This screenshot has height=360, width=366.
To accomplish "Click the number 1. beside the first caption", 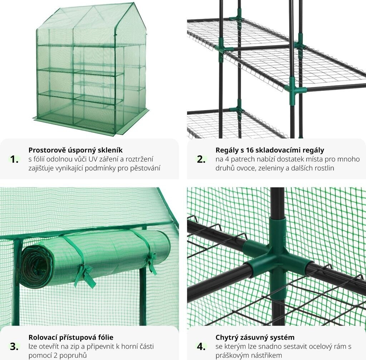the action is tap(14, 160).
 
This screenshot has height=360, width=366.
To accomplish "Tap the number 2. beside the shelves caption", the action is tap(201, 160).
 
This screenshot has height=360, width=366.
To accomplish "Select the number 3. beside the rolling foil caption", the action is tap(14, 347).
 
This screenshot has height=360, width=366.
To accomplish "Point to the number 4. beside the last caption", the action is tap(201, 347).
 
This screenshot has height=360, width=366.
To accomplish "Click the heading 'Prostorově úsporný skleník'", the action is tap(75, 150).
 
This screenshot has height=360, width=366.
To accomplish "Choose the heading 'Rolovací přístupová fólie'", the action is tap(71, 337).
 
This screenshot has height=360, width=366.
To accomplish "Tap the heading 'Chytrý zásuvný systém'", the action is tap(255, 337).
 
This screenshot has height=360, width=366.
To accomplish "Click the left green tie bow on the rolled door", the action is tap(84, 276).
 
